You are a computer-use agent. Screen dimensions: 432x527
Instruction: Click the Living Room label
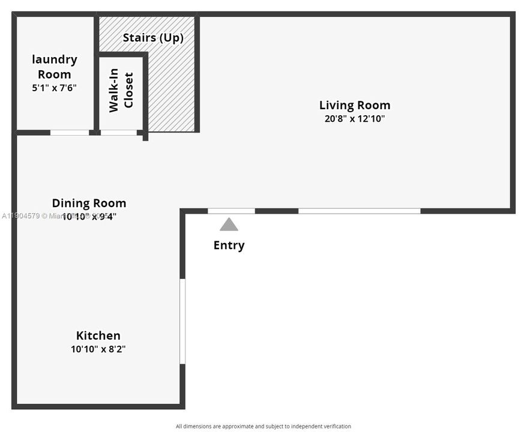(x=354, y=106)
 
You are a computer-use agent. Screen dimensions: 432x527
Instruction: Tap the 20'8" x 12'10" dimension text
(x=354, y=119)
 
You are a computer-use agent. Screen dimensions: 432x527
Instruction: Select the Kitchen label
(x=98, y=335)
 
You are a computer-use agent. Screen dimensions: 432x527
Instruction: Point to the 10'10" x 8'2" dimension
(x=98, y=349)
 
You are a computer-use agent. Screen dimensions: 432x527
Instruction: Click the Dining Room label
(x=89, y=203)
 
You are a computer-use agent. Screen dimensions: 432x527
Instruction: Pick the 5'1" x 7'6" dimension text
(x=54, y=88)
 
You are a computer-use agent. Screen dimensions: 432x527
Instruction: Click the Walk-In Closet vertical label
(x=121, y=92)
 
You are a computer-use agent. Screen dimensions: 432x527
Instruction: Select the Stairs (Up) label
(x=153, y=38)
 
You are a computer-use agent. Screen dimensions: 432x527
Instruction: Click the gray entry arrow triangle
(x=229, y=225)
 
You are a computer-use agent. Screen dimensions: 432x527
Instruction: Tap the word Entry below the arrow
(x=229, y=245)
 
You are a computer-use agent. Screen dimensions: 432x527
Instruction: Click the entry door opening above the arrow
(x=231, y=211)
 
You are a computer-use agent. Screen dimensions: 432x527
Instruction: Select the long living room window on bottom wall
(x=359, y=211)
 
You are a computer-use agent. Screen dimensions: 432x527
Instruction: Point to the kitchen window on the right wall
(x=182, y=321)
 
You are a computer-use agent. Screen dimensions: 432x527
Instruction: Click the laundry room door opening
(x=69, y=133)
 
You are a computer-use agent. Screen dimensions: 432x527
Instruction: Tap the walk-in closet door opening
(x=118, y=133)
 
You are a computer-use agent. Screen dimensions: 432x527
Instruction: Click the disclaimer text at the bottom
(x=263, y=427)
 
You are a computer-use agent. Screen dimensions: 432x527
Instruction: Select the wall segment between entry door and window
(x=277, y=211)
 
